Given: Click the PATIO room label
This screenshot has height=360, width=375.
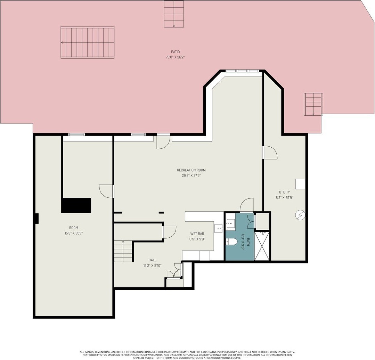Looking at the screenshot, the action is (175, 52).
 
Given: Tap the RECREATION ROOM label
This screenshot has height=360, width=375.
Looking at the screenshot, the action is (191, 170).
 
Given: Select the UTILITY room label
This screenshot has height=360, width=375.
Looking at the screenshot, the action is (284, 192).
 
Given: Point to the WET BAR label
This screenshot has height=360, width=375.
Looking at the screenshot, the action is (197, 234).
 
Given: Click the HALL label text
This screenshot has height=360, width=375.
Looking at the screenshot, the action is (152, 260).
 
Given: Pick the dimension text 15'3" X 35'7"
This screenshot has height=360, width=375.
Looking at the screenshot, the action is (74, 233).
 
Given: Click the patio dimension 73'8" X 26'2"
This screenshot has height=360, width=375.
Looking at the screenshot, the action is (175, 57).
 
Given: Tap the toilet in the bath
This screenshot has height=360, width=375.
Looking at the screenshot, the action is (231, 242).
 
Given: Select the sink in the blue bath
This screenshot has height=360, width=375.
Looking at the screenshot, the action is (230, 224).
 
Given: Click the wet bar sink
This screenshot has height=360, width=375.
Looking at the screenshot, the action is (219, 228).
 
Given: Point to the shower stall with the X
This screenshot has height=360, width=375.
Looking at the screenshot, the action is (262, 246).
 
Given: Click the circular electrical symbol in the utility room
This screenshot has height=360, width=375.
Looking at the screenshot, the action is (300, 215).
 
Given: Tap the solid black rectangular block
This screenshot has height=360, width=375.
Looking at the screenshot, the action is (76, 205).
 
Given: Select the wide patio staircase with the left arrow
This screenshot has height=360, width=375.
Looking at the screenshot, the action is (88, 42).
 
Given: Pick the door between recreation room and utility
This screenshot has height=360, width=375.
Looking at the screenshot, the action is (270, 153).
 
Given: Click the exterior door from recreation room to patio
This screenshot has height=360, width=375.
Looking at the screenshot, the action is (163, 142).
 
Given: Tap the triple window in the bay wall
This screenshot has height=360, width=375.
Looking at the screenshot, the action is (242, 71).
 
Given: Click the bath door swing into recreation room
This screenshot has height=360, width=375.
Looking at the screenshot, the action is (246, 205).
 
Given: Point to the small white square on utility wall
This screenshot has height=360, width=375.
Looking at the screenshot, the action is (300, 184).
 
